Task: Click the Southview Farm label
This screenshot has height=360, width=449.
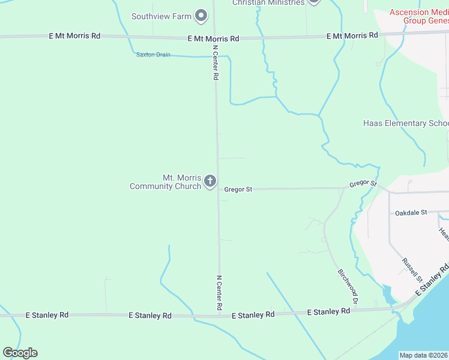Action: (x=161, y=16)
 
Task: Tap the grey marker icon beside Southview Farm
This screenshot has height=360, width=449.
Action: (x=201, y=15)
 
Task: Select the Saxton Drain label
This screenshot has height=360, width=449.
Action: (x=153, y=55)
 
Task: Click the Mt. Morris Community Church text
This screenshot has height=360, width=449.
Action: (x=165, y=182)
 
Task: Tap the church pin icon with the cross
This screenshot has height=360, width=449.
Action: (x=210, y=181)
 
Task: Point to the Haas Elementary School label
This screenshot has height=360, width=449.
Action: (x=406, y=124)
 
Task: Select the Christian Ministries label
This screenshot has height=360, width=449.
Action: (x=268, y=3)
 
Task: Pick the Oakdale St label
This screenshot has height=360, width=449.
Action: (x=411, y=212)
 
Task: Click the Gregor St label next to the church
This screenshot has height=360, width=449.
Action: (x=238, y=189)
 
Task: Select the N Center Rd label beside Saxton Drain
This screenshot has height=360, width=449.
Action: (x=215, y=62)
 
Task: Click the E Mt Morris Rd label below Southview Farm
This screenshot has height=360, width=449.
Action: (x=213, y=38)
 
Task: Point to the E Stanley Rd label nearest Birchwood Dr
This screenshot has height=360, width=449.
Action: (x=328, y=312)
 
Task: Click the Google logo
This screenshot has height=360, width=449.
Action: (x=20, y=353)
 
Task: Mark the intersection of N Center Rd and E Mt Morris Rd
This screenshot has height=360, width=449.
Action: (x=215, y=38)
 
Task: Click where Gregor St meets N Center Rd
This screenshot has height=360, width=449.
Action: (x=218, y=189)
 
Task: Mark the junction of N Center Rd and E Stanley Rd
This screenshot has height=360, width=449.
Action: (x=220, y=313)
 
